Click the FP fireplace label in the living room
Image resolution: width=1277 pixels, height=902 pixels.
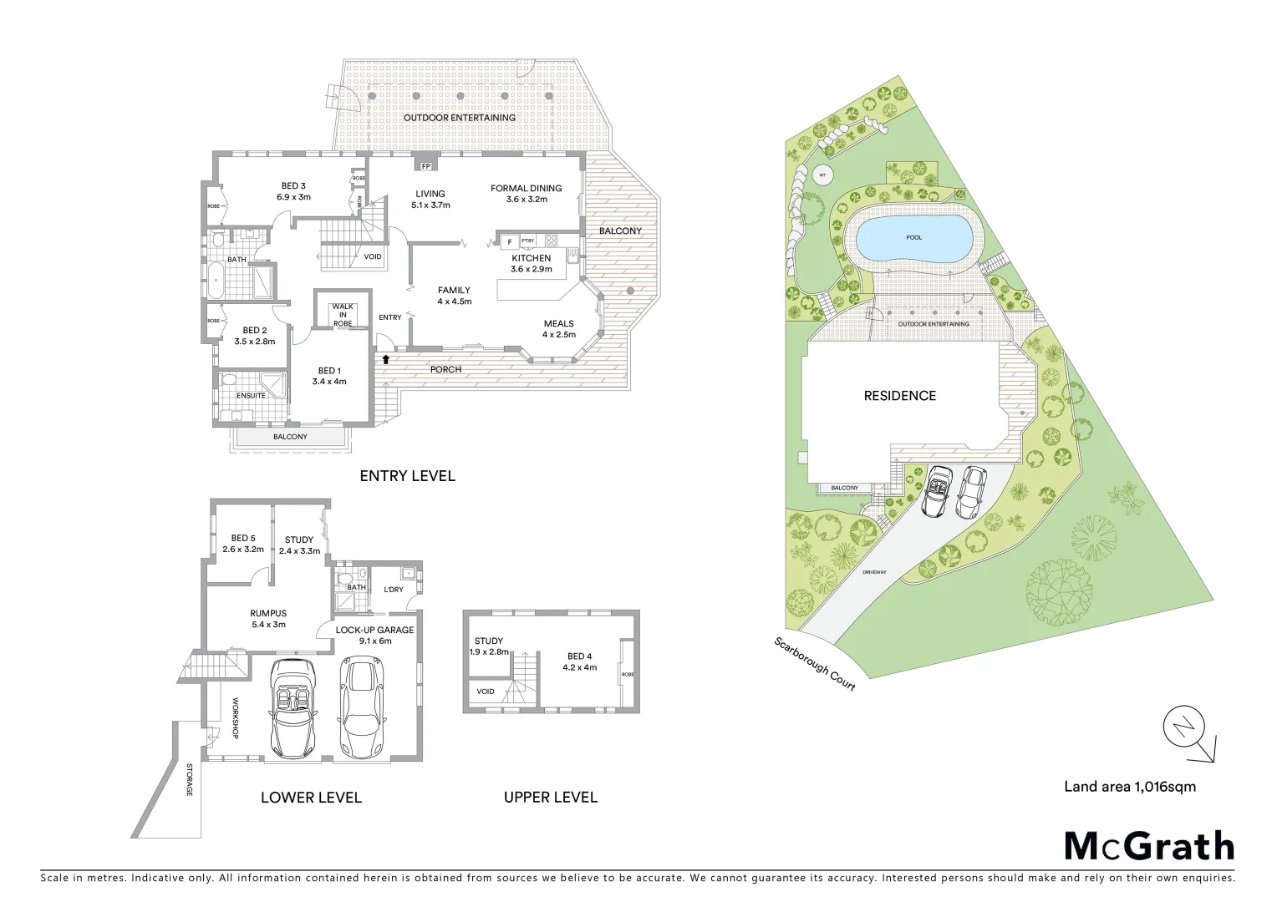point(425,166)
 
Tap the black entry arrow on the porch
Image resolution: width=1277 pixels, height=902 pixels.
point(386,359)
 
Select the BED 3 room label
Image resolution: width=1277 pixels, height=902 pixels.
point(293,186)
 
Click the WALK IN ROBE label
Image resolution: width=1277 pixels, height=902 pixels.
point(343,315)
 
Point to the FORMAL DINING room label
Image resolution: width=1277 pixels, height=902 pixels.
point(526,189)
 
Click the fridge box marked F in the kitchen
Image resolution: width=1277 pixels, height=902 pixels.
point(508,242)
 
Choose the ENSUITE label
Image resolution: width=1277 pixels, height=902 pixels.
point(251,395)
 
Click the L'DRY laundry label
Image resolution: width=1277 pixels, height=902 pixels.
point(393,590)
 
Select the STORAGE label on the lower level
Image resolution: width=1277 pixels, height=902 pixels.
point(190,778)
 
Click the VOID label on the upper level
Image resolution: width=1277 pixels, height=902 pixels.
point(486,692)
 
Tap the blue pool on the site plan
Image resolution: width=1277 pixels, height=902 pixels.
point(913,237)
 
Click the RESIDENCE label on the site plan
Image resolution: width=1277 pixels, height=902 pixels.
point(899,396)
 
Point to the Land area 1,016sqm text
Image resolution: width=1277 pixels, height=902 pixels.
point(1129,786)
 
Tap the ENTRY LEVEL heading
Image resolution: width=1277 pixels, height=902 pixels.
point(407,476)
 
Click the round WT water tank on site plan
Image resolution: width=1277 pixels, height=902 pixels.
point(822,175)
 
